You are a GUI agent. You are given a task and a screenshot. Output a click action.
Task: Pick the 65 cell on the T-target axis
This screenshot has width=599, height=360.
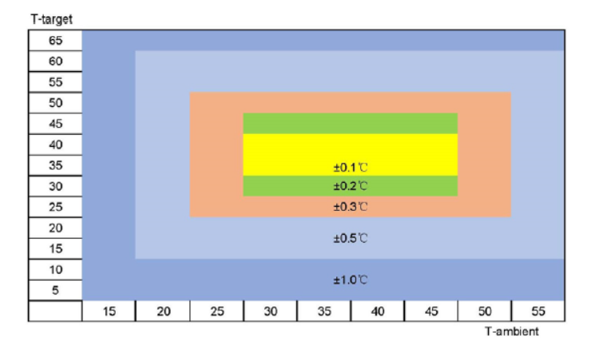[x=55, y=40]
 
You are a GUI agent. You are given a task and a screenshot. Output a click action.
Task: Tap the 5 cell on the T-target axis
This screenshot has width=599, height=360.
[x=55, y=291]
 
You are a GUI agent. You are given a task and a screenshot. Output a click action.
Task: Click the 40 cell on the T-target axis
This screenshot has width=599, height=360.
[x=55, y=144]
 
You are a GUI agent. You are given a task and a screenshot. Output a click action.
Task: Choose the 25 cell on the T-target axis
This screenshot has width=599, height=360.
[x=55, y=208]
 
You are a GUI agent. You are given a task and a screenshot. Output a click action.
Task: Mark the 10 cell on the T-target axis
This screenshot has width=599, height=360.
[x=55, y=270]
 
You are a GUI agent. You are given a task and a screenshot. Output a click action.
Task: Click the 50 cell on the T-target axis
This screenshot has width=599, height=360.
[x=55, y=103]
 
